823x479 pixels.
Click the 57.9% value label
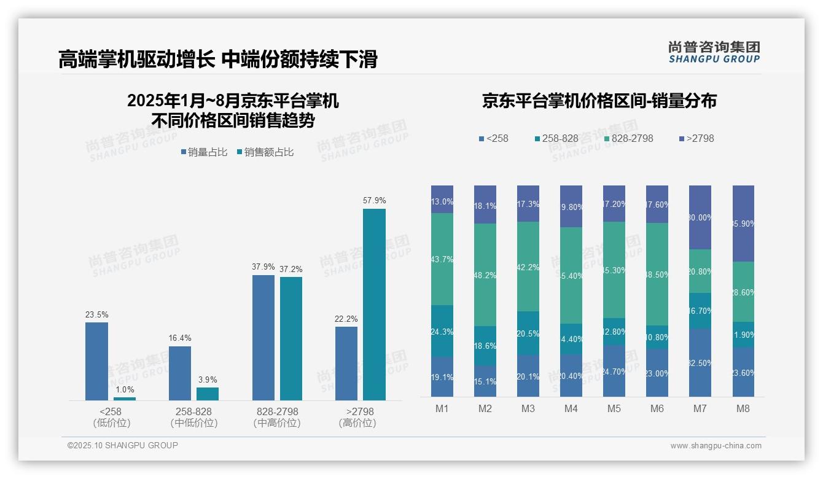click(374, 201)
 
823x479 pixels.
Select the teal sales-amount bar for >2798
click(374, 304)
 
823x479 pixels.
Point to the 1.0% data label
click(124, 390)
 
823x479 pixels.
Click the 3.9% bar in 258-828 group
click(208, 394)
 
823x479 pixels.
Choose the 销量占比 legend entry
click(204, 152)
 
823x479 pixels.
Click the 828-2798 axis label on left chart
click(277, 411)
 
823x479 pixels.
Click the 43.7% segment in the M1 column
click(442, 259)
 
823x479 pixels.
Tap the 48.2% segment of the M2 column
click(485, 275)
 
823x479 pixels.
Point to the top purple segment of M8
click(743, 224)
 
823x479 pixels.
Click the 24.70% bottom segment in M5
click(614, 371)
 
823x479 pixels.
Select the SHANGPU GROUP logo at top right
click(714, 52)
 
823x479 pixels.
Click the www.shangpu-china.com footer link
click(716, 446)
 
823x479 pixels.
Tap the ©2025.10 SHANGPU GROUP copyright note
click(123, 445)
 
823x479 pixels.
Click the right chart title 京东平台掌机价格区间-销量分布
click(599, 101)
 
